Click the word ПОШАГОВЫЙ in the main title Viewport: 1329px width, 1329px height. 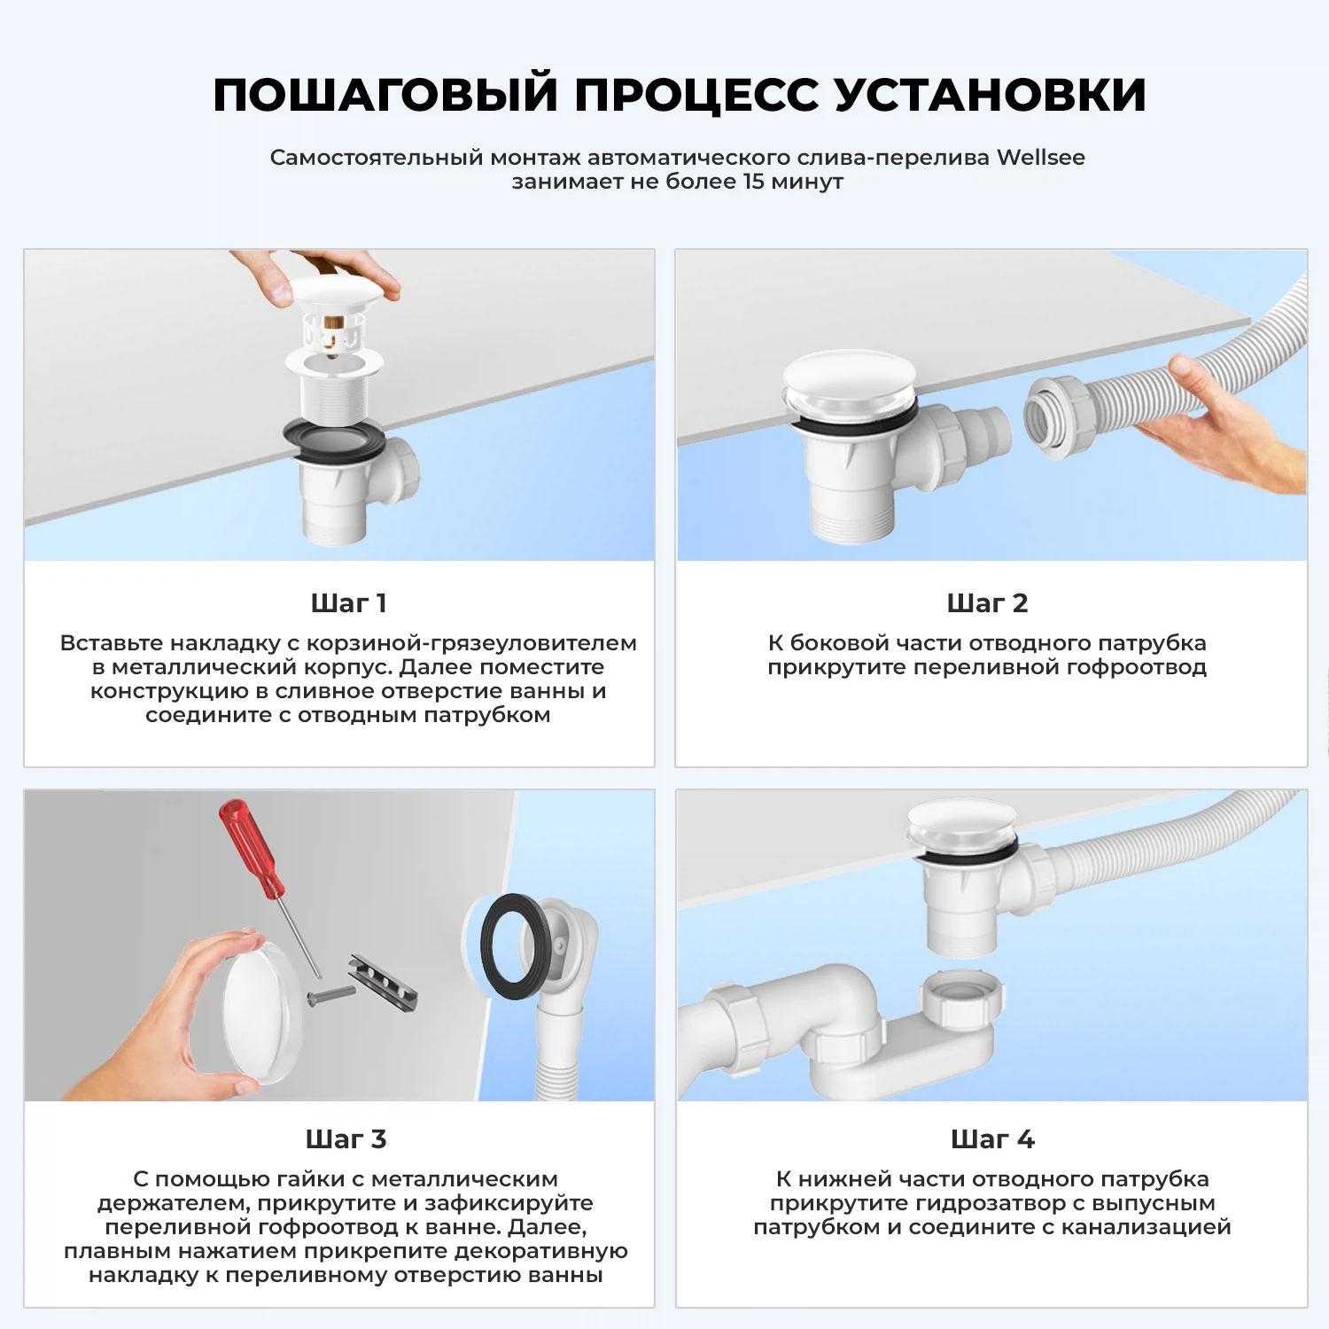[385, 95]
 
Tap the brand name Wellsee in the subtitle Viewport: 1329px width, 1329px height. [1040, 158]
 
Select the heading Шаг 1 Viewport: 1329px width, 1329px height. [348, 603]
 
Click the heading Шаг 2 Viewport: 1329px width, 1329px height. [987, 603]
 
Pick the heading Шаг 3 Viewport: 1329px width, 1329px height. [346, 1139]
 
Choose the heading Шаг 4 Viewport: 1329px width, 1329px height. [992, 1139]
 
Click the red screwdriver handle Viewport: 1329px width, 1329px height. [252, 848]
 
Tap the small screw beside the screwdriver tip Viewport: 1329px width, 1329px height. [330, 994]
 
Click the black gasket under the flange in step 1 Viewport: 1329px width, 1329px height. [334, 440]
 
